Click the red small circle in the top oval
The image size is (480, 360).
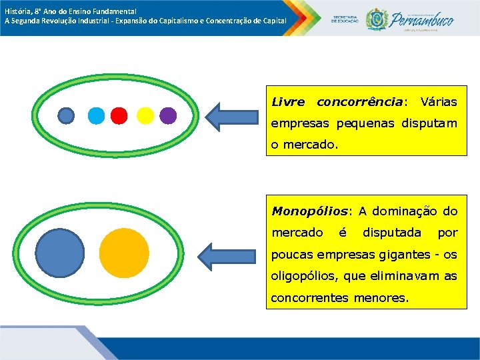[119, 116]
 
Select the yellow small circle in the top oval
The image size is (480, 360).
[145, 116]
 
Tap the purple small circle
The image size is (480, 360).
[168, 116]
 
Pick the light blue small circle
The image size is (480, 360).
[97, 116]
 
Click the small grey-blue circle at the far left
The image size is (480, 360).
[66, 116]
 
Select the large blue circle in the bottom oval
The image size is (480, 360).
[60, 253]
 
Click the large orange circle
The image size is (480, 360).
[124, 253]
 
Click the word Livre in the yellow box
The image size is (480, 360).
[288, 102]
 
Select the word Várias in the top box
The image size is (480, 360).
[439, 102]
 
